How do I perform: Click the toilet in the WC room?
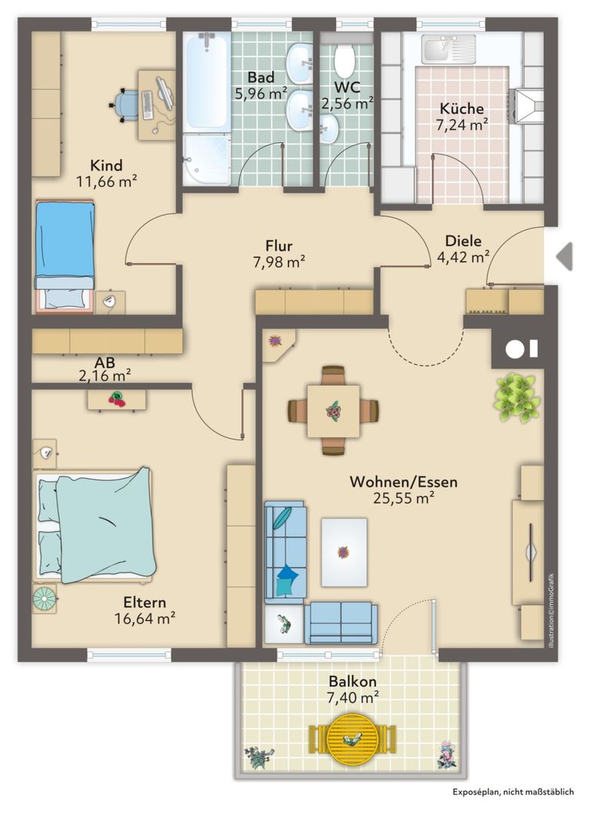point(344,60)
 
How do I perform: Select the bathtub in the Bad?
point(207,81)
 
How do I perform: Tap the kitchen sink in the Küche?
point(449,49)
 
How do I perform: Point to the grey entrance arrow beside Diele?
point(565,256)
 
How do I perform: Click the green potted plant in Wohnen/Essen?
point(516,398)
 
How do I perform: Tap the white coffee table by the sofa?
point(344,552)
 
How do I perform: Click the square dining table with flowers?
point(333,411)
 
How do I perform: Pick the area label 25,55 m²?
point(403,498)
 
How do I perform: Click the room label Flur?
point(279,246)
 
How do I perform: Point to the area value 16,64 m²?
point(145,619)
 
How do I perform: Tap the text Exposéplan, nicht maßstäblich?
point(513,791)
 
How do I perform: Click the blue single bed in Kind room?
point(64,255)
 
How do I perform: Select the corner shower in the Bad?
point(207,159)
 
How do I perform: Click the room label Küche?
point(461,109)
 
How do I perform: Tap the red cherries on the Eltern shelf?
point(118,399)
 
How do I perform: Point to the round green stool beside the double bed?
point(44,598)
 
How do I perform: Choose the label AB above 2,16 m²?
point(104,363)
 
